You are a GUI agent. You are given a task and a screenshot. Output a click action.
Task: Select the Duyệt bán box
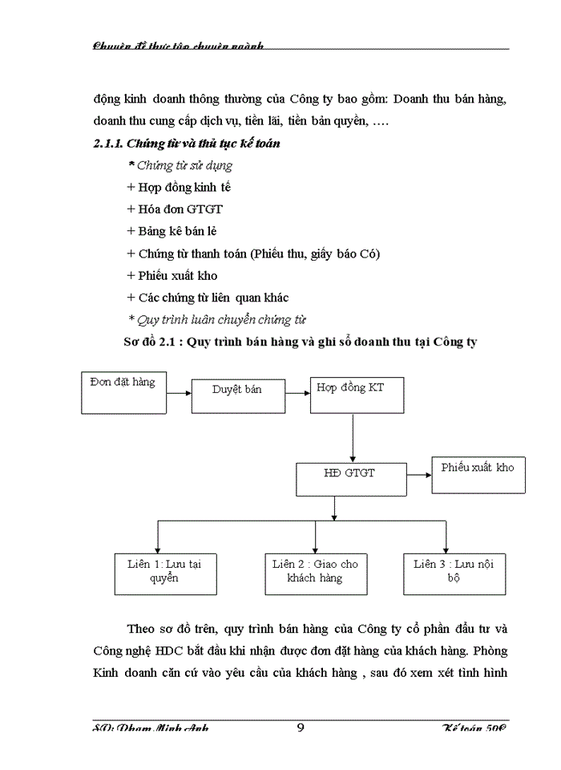click(x=237, y=391)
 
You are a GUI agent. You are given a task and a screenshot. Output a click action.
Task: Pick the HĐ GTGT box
click(x=349, y=478)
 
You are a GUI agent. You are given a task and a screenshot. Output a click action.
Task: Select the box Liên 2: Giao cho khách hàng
click(x=315, y=572)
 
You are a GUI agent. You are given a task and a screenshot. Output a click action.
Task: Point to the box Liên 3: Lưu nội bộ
click(x=454, y=572)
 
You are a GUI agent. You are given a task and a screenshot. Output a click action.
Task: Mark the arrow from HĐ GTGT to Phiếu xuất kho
click(x=416, y=475)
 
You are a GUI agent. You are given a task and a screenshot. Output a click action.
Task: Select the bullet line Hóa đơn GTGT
click(x=175, y=209)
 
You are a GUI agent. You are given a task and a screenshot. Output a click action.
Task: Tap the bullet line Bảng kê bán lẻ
click(x=172, y=231)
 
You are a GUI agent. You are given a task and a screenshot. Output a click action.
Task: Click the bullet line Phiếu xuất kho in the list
click(x=172, y=275)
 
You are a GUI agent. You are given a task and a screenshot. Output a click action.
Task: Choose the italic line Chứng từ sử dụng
click(x=180, y=166)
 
